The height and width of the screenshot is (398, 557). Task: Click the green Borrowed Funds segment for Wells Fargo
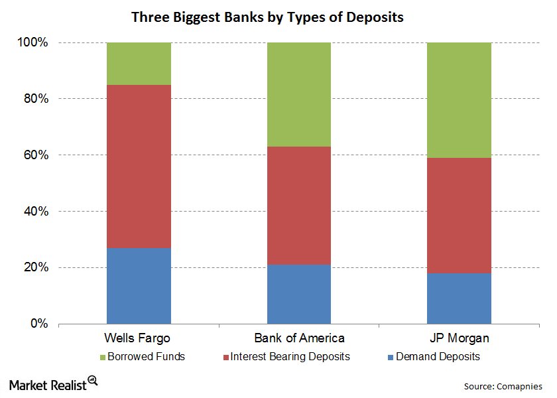139,64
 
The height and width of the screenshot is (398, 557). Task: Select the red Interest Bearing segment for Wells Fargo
139,166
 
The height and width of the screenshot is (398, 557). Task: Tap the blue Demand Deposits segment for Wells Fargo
139,286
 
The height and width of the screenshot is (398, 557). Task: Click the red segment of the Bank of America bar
299,206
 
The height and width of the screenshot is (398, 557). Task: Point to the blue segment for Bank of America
299,295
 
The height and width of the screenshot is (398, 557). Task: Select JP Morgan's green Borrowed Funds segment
459,99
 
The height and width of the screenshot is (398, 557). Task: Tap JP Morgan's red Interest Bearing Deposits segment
459,215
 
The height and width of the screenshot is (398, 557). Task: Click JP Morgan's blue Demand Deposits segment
459,298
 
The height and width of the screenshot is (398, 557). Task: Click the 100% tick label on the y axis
32,42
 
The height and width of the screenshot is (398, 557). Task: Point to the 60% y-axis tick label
35,155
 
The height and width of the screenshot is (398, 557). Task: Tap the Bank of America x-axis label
299,338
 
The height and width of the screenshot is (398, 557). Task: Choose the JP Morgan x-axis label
459,338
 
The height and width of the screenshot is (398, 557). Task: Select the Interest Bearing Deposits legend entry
288,357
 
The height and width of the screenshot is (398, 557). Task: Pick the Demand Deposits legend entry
432,357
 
